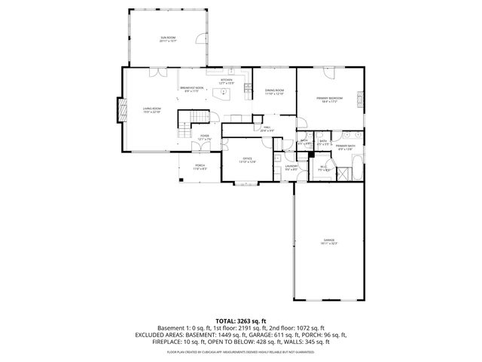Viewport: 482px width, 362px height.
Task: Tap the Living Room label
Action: click(152, 110)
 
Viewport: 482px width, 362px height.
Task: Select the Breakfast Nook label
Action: click(189, 89)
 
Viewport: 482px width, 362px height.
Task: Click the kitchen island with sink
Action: click(222, 94)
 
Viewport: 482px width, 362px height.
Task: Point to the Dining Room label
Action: click(274, 91)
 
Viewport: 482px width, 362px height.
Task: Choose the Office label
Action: click(247, 160)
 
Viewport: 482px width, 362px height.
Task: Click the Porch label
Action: click(200, 167)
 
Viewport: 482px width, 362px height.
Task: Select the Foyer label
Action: click(204, 137)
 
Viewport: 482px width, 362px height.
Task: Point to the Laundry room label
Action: click(291, 167)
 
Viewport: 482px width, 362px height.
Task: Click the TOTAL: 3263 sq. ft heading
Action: click(240, 321)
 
